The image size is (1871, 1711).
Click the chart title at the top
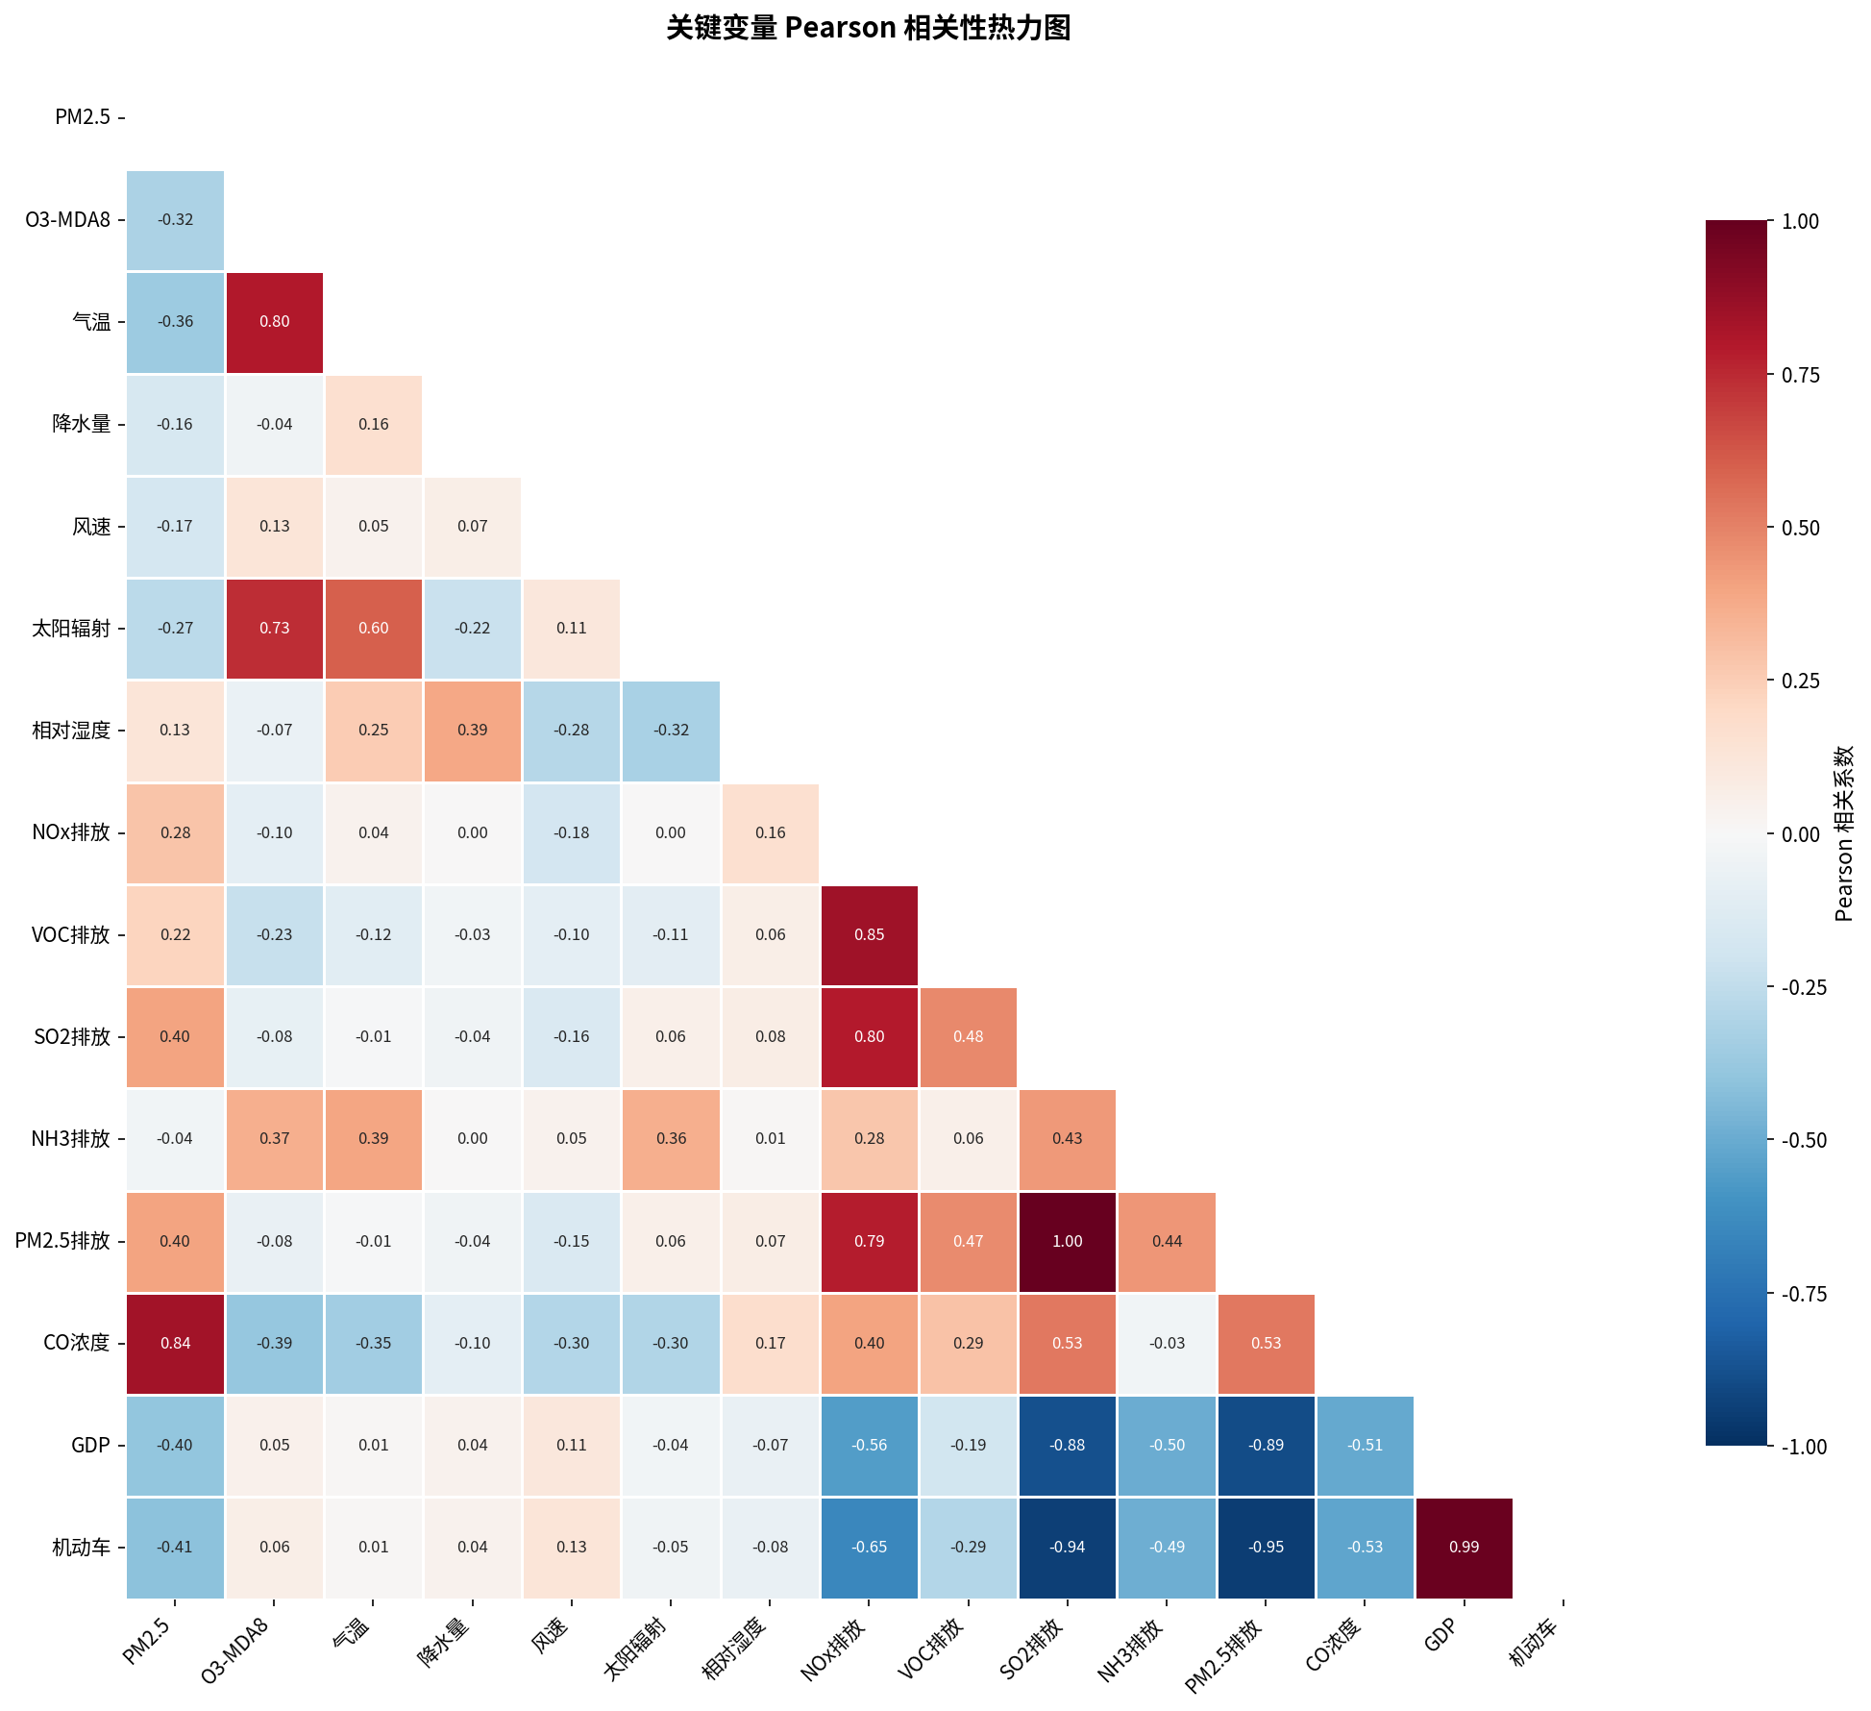[x=868, y=28]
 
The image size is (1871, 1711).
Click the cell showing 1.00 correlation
[x=1067, y=1241]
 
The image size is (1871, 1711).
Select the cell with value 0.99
[x=1464, y=1547]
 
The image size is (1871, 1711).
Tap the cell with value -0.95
[x=1266, y=1547]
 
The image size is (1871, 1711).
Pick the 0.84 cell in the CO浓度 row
[x=175, y=1343]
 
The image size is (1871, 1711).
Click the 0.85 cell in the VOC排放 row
[x=869, y=934]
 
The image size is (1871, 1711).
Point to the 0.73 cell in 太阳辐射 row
[x=274, y=628]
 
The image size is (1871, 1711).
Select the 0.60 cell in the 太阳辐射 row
[x=373, y=628]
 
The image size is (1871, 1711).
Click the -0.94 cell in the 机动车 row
[x=1067, y=1547]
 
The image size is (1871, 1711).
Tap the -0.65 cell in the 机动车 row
[x=869, y=1547]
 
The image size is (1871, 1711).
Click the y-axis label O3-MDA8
[x=67, y=220]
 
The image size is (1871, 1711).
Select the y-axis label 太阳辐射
[x=71, y=629]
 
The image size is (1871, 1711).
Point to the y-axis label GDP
[x=91, y=1446]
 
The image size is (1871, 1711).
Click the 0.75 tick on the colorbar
[x=1800, y=375]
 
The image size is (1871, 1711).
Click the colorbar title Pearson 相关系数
[x=1843, y=832]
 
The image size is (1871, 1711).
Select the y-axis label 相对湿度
[x=71, y=731]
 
